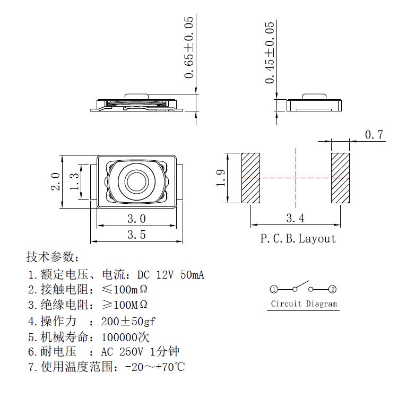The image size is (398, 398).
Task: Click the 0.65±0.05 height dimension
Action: [189, 48]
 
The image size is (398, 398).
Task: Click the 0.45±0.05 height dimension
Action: [270, 52]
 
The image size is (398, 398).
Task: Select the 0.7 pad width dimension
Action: [374, 135]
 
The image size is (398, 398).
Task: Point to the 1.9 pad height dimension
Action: [222, 178]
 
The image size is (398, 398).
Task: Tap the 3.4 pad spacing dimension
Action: [295, 218]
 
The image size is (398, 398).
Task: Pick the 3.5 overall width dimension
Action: [136, 234]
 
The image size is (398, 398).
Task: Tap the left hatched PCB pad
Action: [250, 178]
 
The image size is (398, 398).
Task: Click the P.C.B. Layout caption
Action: [298, 239]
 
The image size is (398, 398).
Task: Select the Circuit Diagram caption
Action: [304, 304]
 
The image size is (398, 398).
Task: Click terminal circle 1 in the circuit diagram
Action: [273, 290]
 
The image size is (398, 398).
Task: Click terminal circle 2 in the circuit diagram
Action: [333, 290]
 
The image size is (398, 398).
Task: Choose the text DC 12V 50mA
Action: [171, 275]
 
